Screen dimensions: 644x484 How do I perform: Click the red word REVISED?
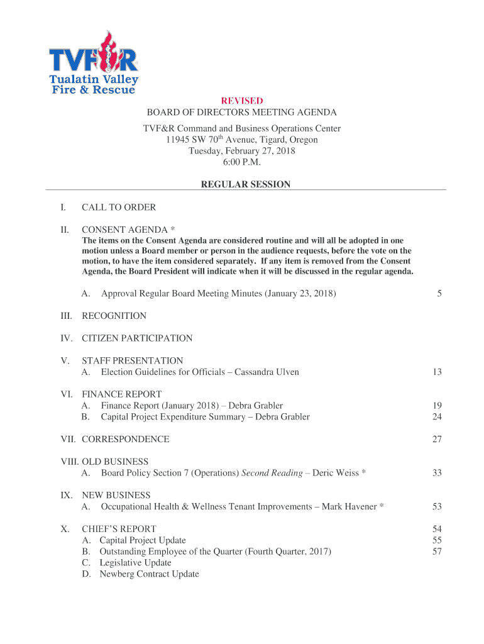click(x=242, y=101)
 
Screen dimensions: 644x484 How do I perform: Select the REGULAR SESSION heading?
click(x=245, y=184)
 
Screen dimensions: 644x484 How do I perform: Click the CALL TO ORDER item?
click(x=119, y=207)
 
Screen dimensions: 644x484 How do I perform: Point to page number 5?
click(x=439, y=294)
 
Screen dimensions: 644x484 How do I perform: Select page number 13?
click(x=437, y=372)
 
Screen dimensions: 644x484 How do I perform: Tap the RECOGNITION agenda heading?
click(x=114, y=316)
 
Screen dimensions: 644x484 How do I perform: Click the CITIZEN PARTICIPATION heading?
click(x=137, y=338)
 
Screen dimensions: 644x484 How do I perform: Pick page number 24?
click(x=437, y=417)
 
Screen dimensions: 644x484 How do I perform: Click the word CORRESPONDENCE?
click(x=125, y=439)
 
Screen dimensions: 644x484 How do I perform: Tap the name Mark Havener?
click(x=349, y=507)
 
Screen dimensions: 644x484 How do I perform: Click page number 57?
click(x=437, y=552)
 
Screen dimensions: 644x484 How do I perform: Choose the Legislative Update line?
click(x=135, y=563)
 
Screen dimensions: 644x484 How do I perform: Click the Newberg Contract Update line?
click(x=149, y=574)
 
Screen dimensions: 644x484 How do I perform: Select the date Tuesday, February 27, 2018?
click(x=242, y=151)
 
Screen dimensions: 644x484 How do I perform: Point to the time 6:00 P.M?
click(x=242, y=162)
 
